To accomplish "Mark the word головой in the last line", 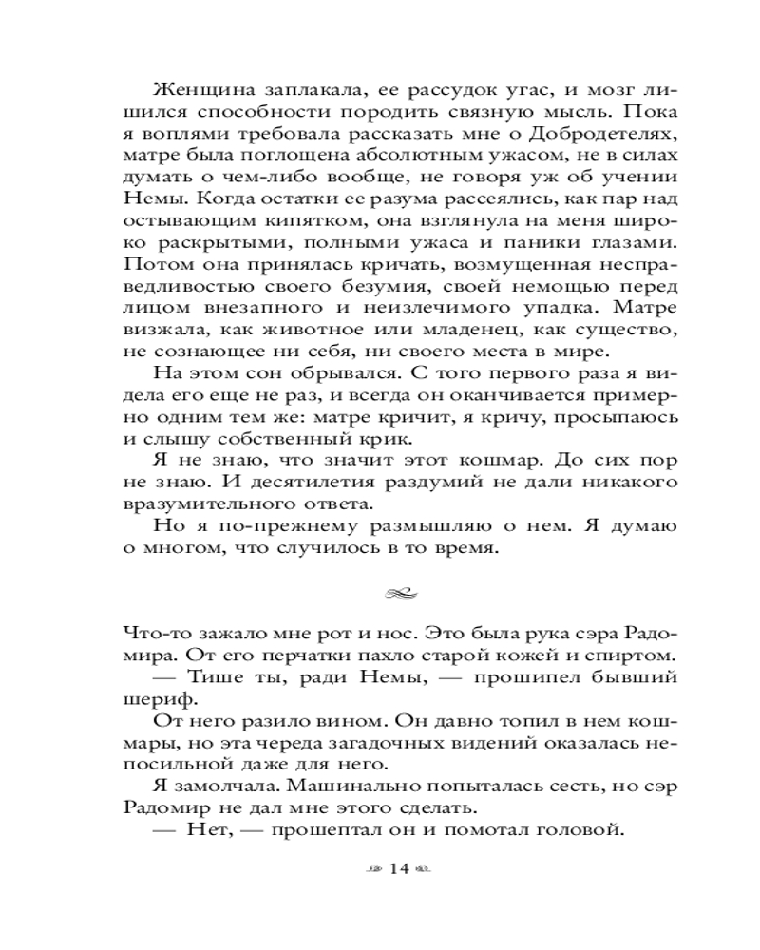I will click(579, 831).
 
